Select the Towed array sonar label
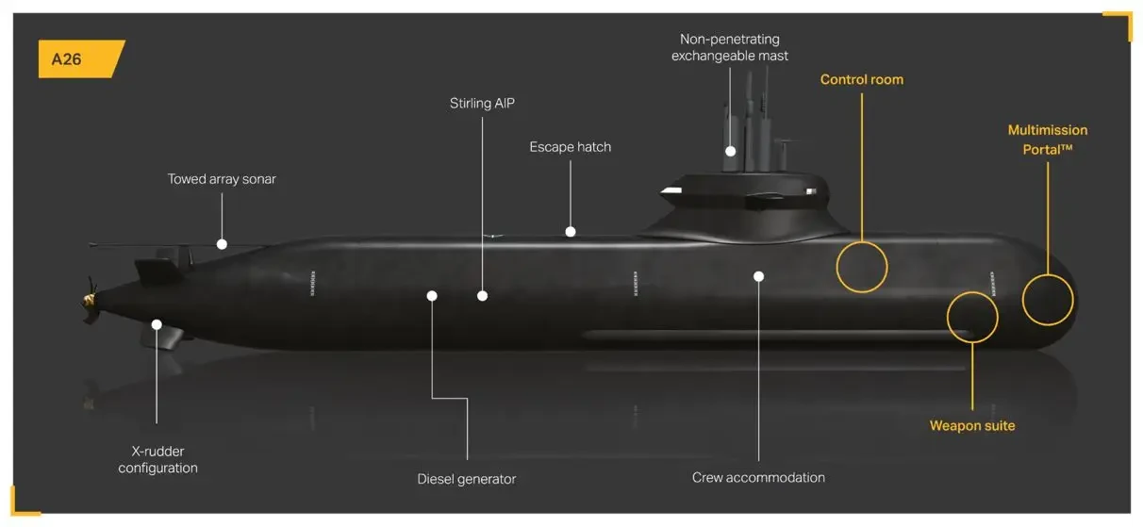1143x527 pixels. (x=222, y=179)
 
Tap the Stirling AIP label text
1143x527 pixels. (x=484, y=103)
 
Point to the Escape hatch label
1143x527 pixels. (x=570, y=147)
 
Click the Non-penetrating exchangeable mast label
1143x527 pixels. (x=729, y=47)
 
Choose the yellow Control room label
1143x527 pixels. (x=861, y=79)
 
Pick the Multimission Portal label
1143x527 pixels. (x=1047, y=140)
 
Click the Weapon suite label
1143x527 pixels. (x=972, y=426)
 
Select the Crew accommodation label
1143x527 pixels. (x=758, y=478)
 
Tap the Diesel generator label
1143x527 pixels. (x=467, y=479)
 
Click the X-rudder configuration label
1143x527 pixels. (x=157, y=459)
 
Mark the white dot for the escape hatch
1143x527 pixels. (x=571, y=231)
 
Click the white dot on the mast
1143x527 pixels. (x=730, y=151)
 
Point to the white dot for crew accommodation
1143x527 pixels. (x=758, y=276)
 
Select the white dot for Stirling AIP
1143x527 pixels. (x=482, y=296)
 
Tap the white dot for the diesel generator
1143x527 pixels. (x=432, y=296)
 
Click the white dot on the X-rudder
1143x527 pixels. (x=157, y=324)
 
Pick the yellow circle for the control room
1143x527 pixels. (x=862, y=266)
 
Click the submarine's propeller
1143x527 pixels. (x=91, y=297)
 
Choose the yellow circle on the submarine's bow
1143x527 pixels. (x=1048, y=299)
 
